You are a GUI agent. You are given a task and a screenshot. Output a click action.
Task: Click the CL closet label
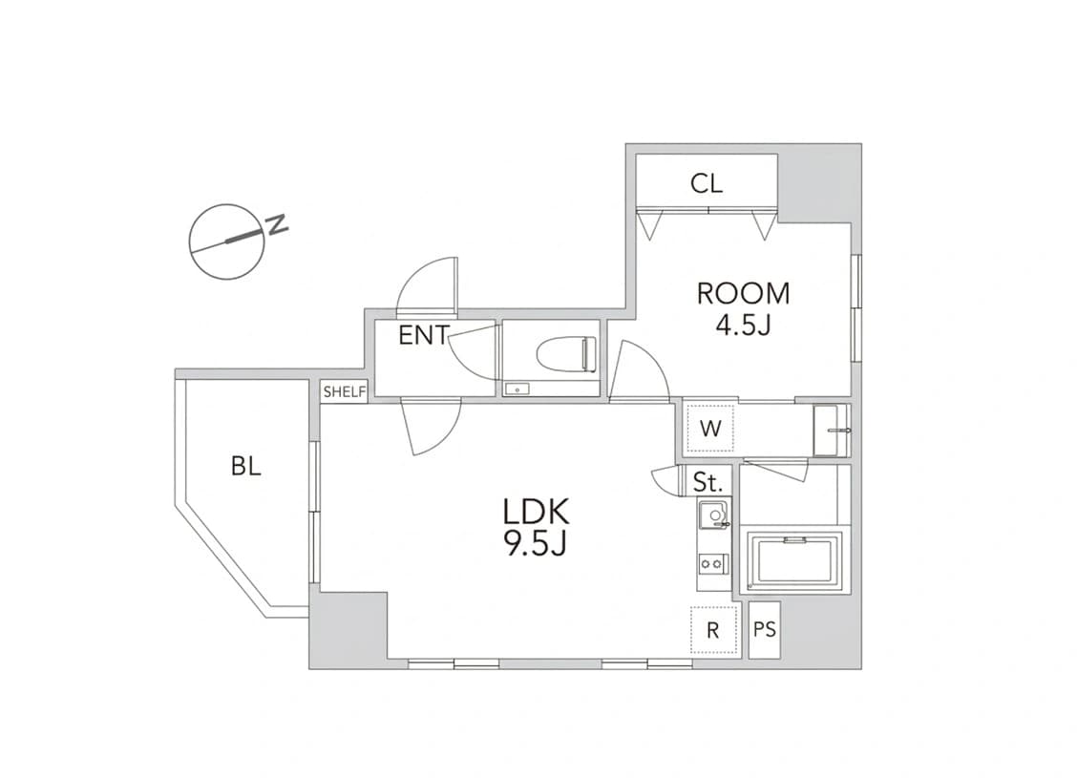coord(707,183)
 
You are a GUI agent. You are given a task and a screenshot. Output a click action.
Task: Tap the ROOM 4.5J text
coord(743,308)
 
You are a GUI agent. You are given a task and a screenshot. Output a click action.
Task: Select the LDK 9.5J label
coord(536,527)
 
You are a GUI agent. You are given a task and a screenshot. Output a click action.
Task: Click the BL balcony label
coord(246,467)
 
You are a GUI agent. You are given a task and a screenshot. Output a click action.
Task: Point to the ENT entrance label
coord(424,335)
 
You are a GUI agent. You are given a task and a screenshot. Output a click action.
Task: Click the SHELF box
coord(345,392)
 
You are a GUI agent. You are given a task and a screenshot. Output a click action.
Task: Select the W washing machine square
coord(710,428)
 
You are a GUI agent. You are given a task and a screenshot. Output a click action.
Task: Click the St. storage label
coord(707,482)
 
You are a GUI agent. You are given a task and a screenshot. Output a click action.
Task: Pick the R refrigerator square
coord(713,630)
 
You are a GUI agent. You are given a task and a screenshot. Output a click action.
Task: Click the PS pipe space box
coord(765,630)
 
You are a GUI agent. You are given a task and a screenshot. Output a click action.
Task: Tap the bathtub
coord(795,562)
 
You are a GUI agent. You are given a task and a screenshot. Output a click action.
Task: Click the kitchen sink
coord(713,515)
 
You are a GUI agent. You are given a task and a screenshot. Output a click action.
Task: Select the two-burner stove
coord(711,564)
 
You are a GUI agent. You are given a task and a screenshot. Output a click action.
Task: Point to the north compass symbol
coord(227,242)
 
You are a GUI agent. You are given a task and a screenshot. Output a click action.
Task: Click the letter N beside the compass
coord(277,224)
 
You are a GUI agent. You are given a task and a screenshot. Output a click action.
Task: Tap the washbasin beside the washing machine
coord(831,431)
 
